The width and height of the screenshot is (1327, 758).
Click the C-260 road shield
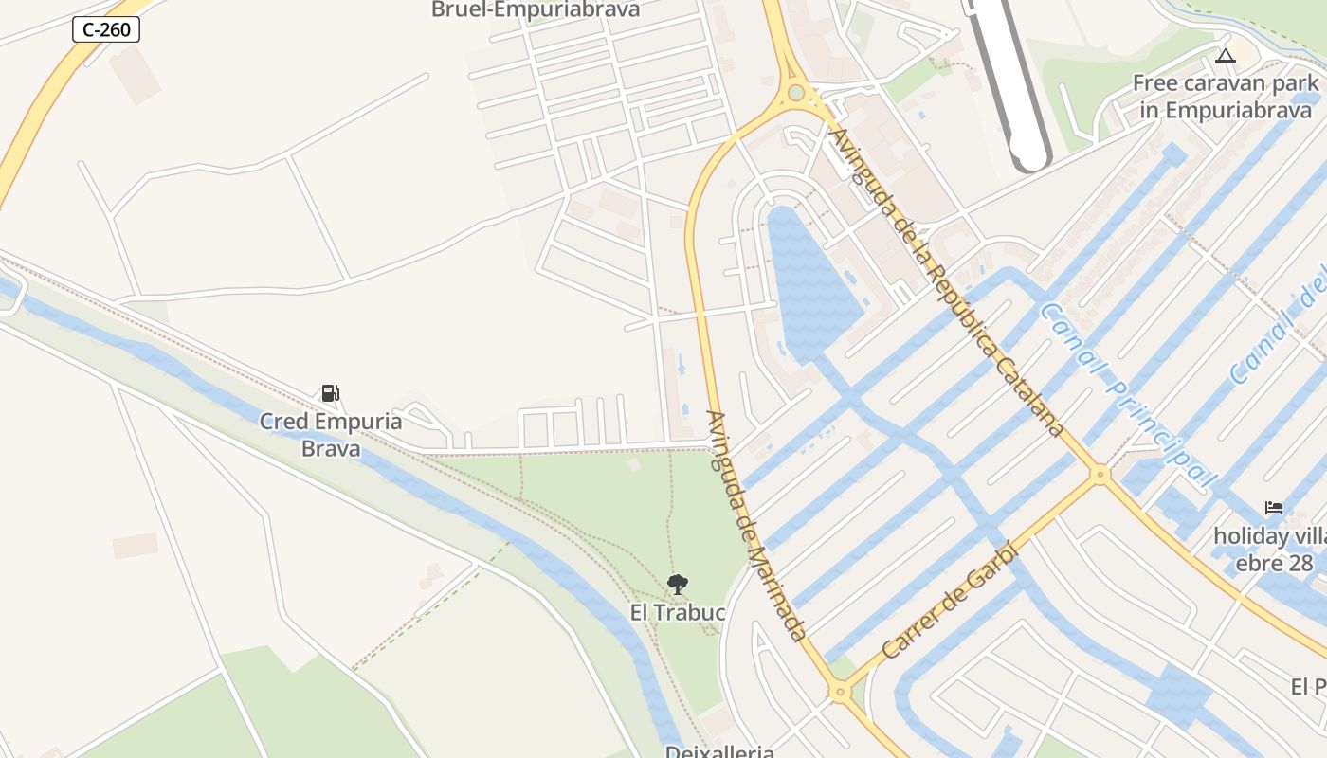pos(106,29)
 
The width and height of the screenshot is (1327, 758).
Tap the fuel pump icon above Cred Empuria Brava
pos(330,393)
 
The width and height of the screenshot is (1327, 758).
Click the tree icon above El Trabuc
pos(677,584)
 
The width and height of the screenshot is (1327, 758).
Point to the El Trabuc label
pos(678,613)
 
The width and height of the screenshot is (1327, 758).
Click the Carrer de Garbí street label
pos(948,601)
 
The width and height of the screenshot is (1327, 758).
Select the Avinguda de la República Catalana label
pos(946,282)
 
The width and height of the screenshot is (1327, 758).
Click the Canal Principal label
pos(1126,394)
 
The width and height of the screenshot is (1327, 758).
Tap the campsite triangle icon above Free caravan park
pos(1226,56)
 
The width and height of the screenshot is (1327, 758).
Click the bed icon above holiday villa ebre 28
pos(1274,508)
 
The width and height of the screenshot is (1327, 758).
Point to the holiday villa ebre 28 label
pos(1270,550)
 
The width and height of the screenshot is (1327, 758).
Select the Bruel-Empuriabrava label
pos(536,10)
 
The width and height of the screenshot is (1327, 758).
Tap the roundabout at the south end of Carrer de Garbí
pos(839,693)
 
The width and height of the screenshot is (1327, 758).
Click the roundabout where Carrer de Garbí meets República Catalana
pos(1100,473)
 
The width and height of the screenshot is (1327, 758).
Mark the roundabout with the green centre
pos(796,93)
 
